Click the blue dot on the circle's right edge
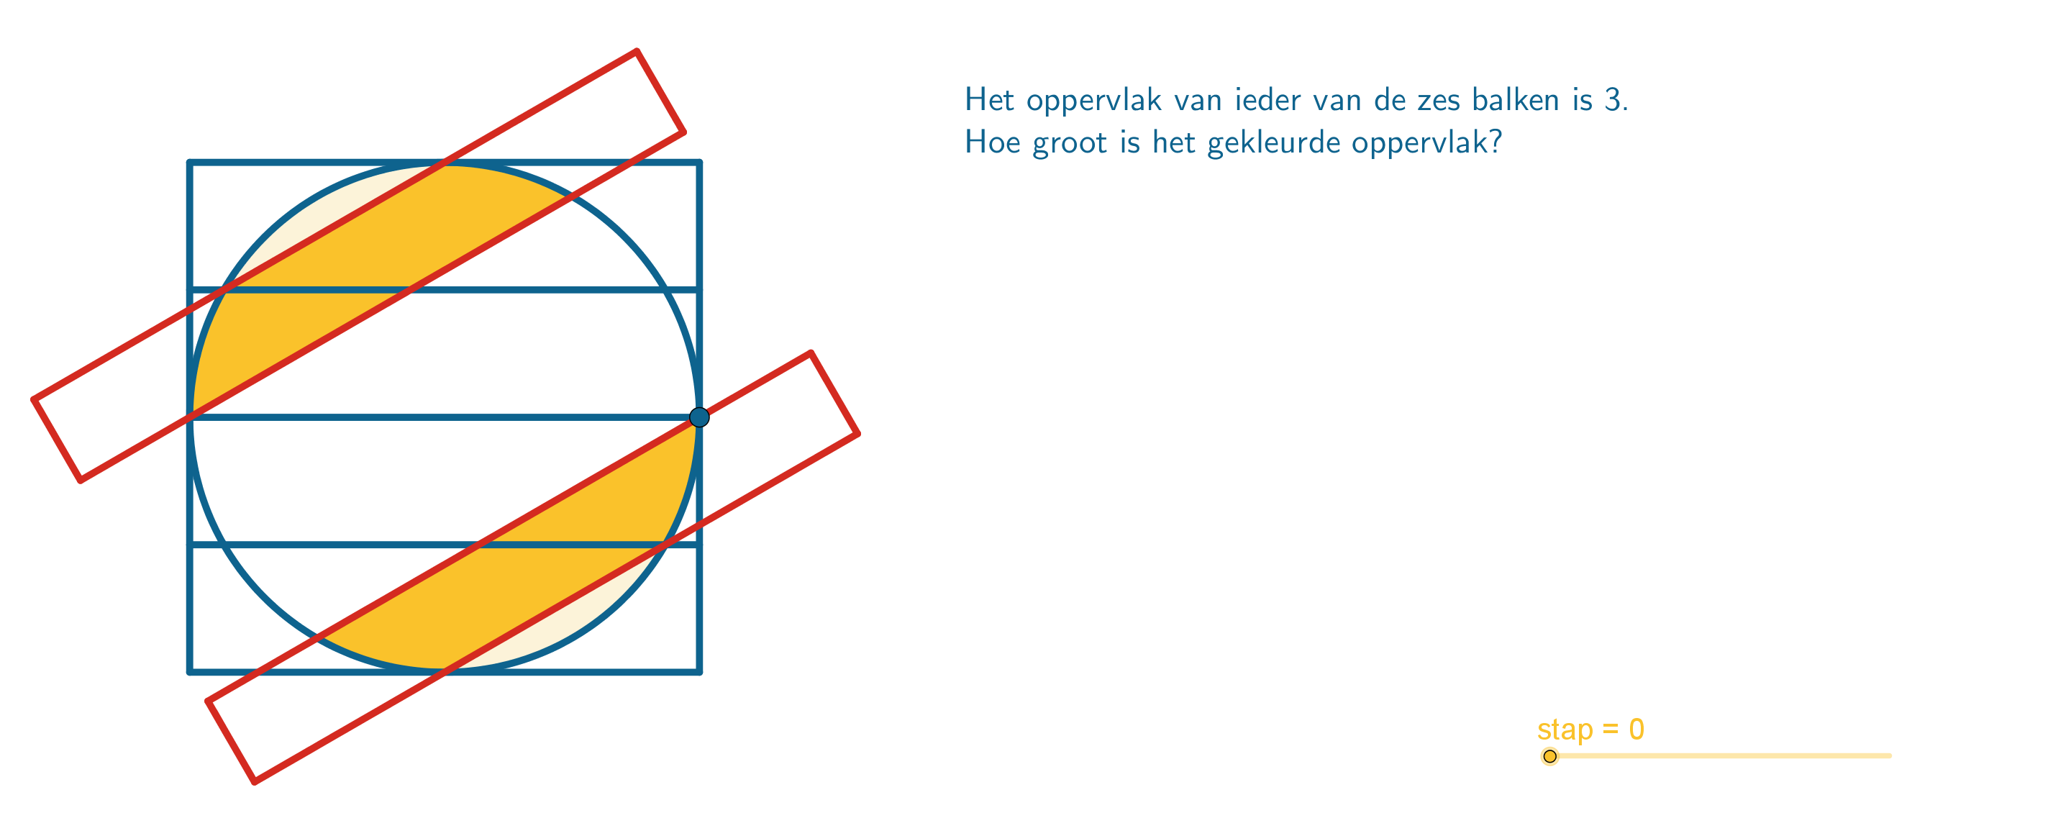point(699,417)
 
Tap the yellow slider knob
point(1549,755)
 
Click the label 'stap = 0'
point(1590,730)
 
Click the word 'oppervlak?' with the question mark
point(1426,142)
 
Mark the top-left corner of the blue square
point(190,163)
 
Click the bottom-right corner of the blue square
point(699,672)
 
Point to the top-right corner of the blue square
point(699,163)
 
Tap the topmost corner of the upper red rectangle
point(637,51)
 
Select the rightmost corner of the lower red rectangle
point(857,434)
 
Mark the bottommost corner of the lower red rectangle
point(254,782)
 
